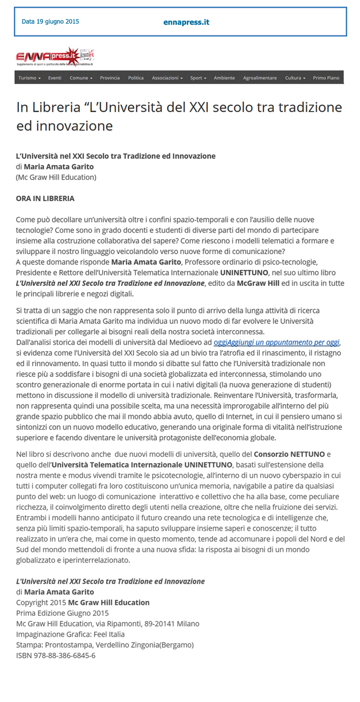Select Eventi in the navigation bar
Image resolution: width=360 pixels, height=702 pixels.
pyautogui.click(x=55, y=78)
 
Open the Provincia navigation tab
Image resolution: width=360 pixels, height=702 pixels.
pyautogui.click(x=110, y=78)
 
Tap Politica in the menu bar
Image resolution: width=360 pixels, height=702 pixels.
pyautogui.click(x=136, y=78)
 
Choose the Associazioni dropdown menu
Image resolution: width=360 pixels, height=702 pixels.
pyautogui.click(x=167, y=78)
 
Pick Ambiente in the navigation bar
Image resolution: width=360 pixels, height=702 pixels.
pyautogui.click(x=224, y=78)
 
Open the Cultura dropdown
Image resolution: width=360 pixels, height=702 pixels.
pyautogui.click(x=295, y=78)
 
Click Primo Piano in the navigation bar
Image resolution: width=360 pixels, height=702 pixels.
pyautogui.click(x=326, y=78)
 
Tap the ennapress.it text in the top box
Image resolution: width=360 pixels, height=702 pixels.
pyautogui.click(x=186, y=22)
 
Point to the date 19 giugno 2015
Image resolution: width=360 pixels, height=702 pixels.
pyautogui.click(x=50, y=22)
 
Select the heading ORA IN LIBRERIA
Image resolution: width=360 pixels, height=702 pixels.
pyautogui.click(x=45, y=198)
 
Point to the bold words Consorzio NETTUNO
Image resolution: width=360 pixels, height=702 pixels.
pyautogui.click(x=296, y=454)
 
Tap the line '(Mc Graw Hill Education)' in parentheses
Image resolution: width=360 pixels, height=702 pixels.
pyautogui.click(x=56, y=177)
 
